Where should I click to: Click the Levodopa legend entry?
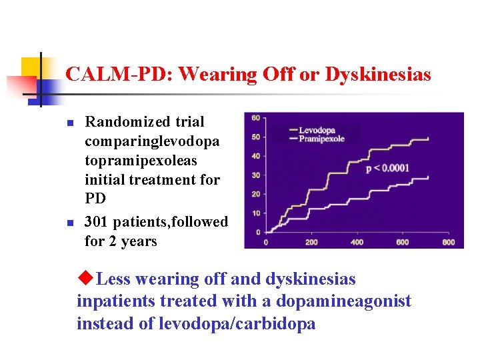pos(317,131)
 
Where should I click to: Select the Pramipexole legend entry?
pos(322,139)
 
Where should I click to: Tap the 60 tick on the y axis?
pos(255,119)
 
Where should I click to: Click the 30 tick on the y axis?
pos(255,175)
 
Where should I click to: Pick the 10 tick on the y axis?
pos(255,213)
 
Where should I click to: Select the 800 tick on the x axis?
pos(448,241)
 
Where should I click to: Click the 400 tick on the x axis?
pos(357,241)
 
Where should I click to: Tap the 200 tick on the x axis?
pos(311,241)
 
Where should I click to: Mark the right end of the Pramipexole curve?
pos(446,177)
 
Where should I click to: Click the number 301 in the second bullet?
pos(97,222)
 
